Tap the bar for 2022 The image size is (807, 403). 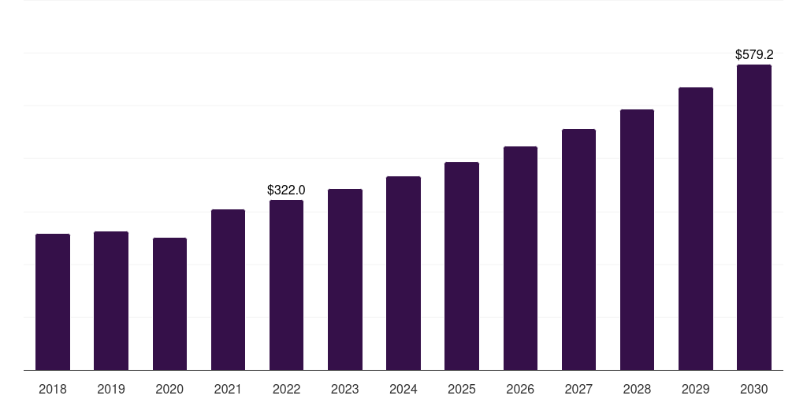point(286,285)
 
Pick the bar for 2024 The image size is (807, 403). point(403,273)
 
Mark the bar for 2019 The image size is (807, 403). point(111,301)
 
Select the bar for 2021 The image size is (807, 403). point(228,290)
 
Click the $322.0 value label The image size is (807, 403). point(286,190)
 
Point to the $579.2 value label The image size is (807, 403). point(754,55)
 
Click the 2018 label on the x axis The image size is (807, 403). point(53,390)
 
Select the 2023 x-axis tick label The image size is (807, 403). point(345,390)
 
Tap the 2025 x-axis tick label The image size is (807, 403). point(462,390)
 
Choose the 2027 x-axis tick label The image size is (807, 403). point(578,390)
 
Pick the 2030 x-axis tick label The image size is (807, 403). point(754,390)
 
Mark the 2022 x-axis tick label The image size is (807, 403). point(286,390)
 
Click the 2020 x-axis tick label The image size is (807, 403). point(169,390)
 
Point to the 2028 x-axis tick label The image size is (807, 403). point(637,390)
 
